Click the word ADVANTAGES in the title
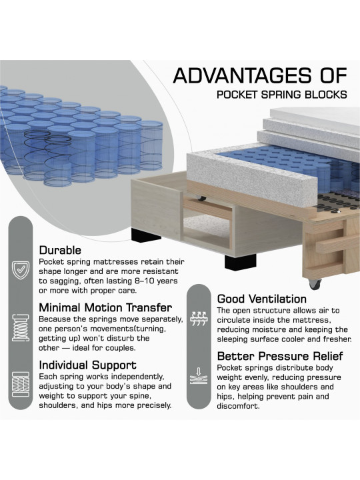[242, 75]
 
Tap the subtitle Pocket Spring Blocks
[282, 95]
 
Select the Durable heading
[60, 250]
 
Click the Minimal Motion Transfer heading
[105, 307]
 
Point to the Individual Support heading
[88, 365]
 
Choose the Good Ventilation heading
[262, 299]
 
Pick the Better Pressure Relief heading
[280, 356]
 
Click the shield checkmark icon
[21, 270]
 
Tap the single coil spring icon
[20, 327]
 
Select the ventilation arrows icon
[199, 319]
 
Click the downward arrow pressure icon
[199, 376]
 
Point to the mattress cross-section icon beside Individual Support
[21, 384]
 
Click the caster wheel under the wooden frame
[315, 284]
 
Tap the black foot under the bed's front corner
[240, 262]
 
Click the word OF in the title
[334, 75]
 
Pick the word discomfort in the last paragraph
[238, 406]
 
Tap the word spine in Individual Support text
[140, 396]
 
